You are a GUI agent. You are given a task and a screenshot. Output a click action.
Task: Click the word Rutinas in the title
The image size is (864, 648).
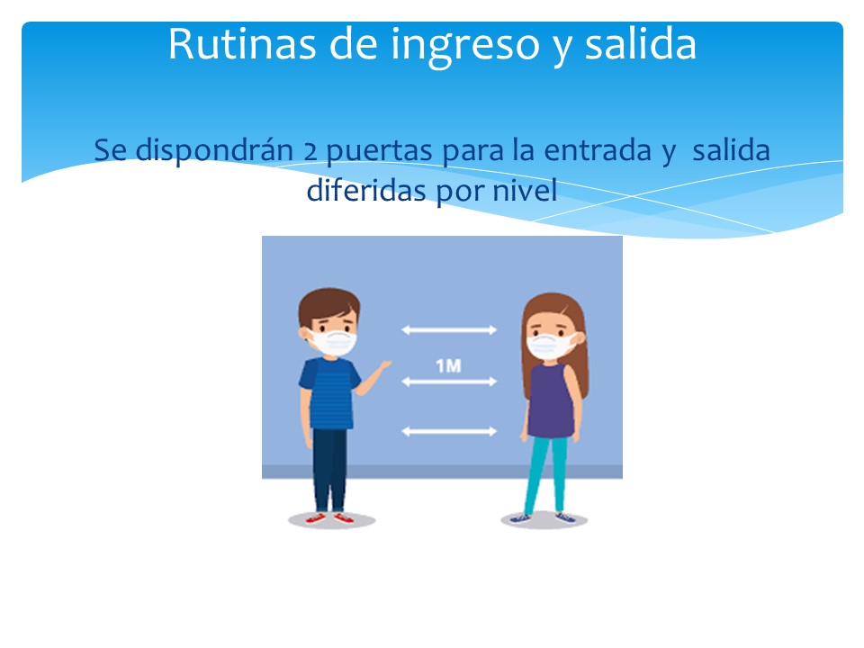242,44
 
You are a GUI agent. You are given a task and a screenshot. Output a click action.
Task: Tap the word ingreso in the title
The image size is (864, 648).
465,46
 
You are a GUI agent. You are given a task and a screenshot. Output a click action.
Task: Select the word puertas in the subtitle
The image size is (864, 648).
379,151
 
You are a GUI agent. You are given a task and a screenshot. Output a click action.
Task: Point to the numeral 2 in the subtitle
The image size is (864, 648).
310,151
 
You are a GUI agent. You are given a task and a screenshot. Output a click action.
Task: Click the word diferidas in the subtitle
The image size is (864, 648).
366,190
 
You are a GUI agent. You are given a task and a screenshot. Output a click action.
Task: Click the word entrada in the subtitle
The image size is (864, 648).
598,150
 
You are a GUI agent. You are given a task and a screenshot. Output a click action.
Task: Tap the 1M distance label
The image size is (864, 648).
448,366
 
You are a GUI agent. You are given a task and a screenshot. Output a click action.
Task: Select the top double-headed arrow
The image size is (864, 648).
449,330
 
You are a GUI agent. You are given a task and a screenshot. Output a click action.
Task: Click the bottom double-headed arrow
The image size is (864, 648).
449,431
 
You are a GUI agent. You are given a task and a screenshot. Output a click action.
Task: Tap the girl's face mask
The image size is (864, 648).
549,346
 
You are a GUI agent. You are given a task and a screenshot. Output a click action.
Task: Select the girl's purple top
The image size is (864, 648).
551,400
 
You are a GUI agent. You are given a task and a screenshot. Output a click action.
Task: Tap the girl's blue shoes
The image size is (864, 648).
543,517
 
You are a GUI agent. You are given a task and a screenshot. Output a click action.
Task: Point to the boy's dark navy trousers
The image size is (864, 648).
330,470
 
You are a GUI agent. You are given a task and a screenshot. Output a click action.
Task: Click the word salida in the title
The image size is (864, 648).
640,44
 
